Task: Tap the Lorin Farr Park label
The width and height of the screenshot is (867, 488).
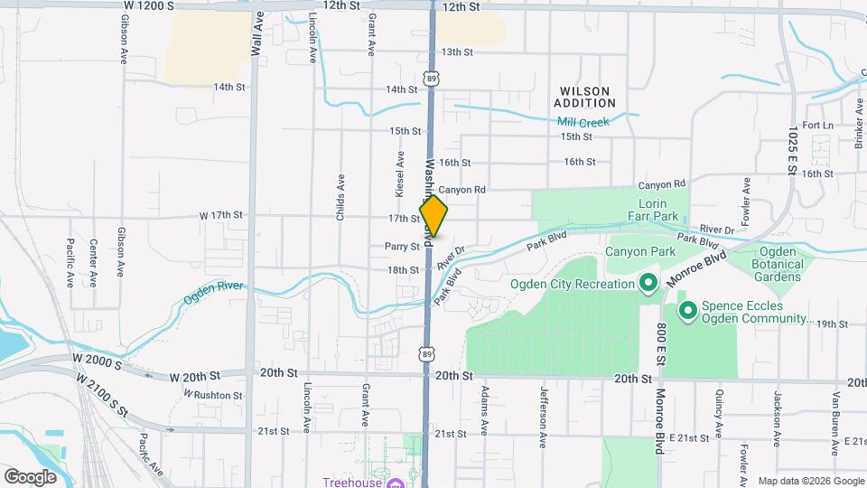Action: tap(651, 210)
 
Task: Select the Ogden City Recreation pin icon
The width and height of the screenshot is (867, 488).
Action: tap(648, 285)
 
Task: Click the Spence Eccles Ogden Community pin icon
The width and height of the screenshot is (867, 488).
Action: tap(687, 312)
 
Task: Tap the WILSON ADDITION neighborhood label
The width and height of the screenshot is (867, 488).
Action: tap(584, 97)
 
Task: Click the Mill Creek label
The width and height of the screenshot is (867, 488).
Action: tap(583, 122)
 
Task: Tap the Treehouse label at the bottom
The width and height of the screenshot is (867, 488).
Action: tap(353, 482)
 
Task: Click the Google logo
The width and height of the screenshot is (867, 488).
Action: tap(30, 476)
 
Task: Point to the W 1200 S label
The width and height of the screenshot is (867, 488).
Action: tap(146, 5)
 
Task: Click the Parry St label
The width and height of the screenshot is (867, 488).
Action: tap(402, 246)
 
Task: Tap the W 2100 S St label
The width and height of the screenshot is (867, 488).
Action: tap(102, 399)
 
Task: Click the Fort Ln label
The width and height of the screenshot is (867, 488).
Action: tap(816, 125)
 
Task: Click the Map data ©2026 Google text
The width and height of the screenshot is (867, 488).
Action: tap(809, 481)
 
